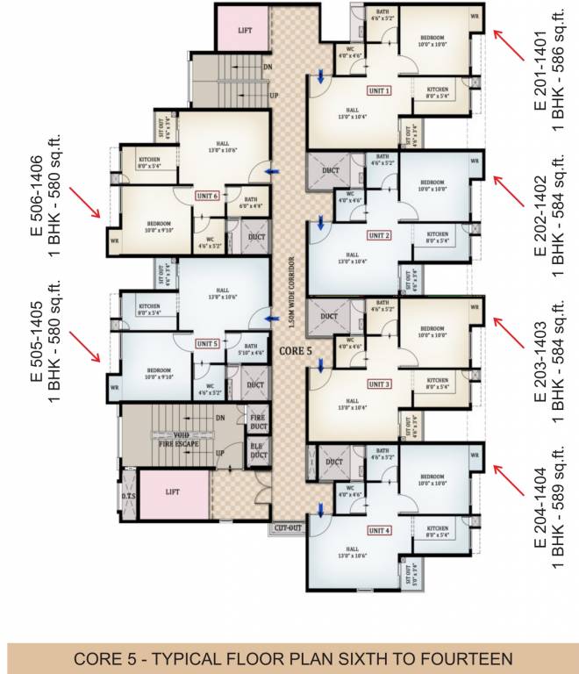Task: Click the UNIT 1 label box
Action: point(379,90)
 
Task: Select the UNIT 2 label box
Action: point(379,236)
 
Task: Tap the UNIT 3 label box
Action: point(379,384)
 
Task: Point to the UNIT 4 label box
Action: point(379,531)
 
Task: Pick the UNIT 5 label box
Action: point(207,344)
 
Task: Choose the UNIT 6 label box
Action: point(207,196)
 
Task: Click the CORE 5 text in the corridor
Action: point(296,351)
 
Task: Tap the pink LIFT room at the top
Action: point(245,28)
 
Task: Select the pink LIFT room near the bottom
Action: point(173,492)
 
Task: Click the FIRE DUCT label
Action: point(258,421)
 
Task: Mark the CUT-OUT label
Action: point(288,527)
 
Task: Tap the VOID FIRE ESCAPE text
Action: point(178,439)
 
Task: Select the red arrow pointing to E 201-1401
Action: point(506,41)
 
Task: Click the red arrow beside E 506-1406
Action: point(87,204)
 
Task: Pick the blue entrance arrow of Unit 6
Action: point(274,172)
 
